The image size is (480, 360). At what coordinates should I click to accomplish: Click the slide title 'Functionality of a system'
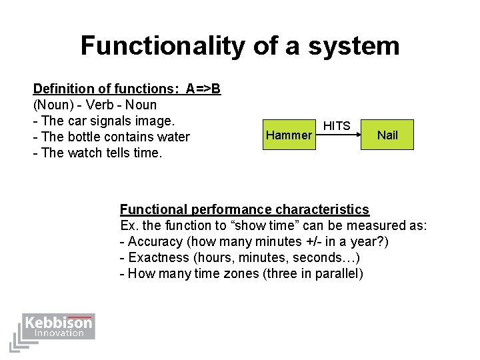[240, 46]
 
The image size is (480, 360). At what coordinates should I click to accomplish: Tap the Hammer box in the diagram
[288, 135]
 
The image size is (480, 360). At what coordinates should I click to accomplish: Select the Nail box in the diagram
[387, 135]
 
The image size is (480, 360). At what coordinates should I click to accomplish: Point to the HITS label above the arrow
[337, 126]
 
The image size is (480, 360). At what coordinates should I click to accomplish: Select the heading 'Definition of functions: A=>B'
[127, 89]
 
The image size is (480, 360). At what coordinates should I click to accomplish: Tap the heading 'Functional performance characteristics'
[244, 209]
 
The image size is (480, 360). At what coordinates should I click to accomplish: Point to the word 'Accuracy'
[152, 241]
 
